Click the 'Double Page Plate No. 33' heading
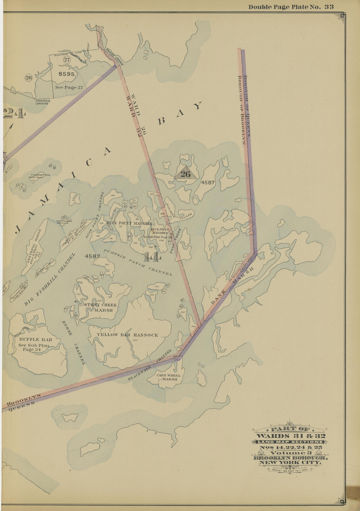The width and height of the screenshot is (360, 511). [291, 7]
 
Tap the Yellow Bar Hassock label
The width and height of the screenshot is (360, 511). [127, 335]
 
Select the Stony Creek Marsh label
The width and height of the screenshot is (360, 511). [100, 308]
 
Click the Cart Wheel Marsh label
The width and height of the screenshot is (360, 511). [169, 377]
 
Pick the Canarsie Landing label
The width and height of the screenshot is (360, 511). [42, 102]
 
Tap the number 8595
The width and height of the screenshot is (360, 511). [66, 74]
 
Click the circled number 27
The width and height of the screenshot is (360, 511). [67, 59]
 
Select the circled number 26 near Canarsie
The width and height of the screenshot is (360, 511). [29, 78]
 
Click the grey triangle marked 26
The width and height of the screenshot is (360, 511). [186, 174]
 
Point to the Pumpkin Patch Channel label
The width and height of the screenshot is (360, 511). [137, 262]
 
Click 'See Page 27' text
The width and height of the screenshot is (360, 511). [69, 87]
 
